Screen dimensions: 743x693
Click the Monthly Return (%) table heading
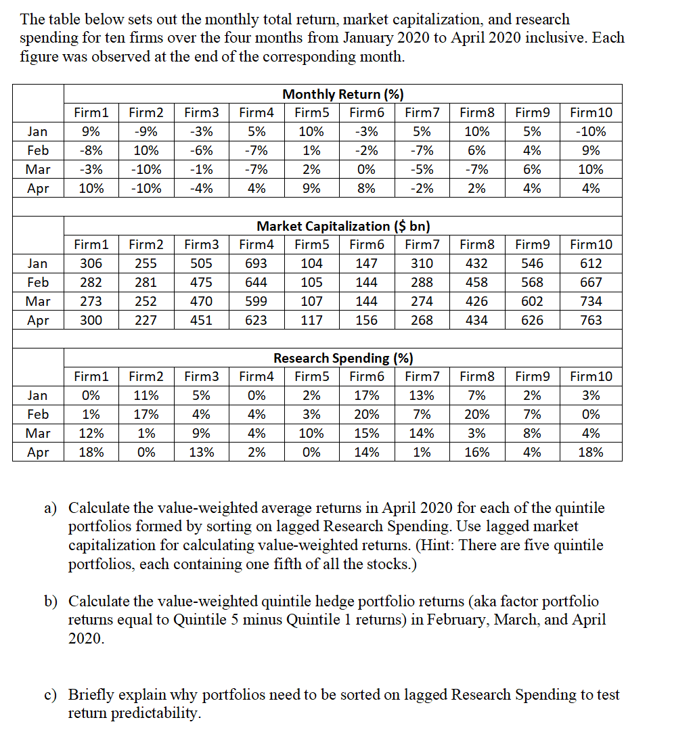pos(343,94)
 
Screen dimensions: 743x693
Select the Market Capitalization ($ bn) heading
pos(343,226)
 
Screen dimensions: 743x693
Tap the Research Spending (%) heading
pos(343,358)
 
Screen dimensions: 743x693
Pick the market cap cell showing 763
pos(591,320)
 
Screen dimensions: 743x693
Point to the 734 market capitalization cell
pos(591,301)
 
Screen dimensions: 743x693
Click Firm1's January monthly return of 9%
pos(91,131)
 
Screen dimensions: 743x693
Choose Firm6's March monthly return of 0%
pos(366,169)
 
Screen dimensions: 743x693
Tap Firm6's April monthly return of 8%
pos(366,188)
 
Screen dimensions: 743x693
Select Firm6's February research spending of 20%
pos(366,414)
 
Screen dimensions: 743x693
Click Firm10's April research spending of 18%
pos(591,452)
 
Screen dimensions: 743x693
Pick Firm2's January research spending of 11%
pos(146,395)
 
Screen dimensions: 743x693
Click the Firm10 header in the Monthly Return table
pos(591,112)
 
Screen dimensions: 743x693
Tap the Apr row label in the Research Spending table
pos(38,452)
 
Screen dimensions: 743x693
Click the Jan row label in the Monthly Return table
pos(38,131)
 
